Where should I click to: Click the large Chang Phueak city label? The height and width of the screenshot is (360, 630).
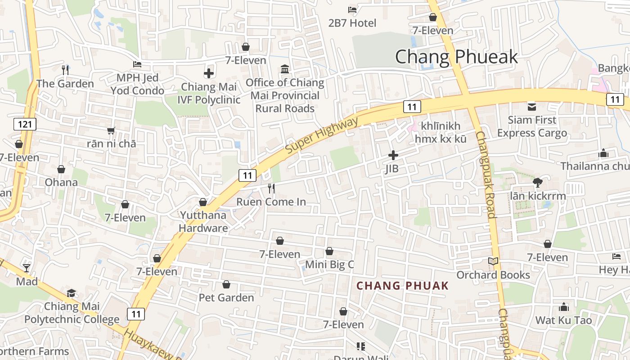click(x=456, y=57)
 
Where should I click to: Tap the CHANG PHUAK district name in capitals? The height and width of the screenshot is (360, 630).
click(x=402, y=286)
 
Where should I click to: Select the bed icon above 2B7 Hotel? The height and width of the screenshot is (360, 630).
click(x=352, y=9)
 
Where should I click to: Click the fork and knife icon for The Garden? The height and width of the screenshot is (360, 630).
click(x=65, y=70)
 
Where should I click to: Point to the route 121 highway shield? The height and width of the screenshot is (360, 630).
click(x=24, y=124)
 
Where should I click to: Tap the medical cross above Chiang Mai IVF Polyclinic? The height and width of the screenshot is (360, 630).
click(x=208, y=73)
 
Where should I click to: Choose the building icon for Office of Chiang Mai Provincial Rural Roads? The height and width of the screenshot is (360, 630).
click(x=285, y=69)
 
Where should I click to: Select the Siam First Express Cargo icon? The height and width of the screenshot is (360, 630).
click(x=531, y=107)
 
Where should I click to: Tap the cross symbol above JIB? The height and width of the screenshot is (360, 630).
click(x=393, y=156)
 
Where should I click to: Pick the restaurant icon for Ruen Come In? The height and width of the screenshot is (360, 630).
click(x=271, y=188)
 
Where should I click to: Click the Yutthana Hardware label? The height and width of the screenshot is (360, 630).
click(x=203, y=221)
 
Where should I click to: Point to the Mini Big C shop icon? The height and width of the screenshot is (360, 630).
click(x=329, y=251)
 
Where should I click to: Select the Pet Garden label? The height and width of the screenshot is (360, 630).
click(x=226, y=297)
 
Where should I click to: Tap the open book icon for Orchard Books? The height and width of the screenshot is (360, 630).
click(x=493, y=261)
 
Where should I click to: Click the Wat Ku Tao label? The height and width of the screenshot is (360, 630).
click(x=563, y=320)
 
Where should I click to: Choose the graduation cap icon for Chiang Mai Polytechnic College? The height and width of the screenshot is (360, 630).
click(x=71, y=293)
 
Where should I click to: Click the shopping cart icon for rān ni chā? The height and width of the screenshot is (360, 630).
click(x=111, y=130)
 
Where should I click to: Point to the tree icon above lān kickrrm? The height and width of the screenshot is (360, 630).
click(x=537, y=182)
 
